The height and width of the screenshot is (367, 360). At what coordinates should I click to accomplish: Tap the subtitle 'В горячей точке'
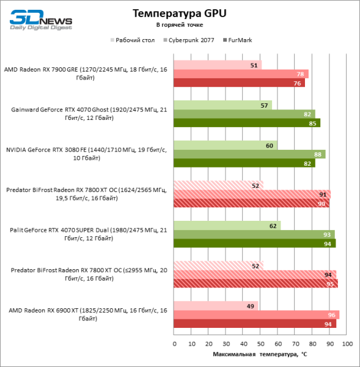pos(180,25)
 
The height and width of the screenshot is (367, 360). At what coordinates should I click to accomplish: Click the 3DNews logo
pos(40,18)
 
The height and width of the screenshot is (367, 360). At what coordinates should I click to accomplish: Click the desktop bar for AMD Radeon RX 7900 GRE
pos(218,65)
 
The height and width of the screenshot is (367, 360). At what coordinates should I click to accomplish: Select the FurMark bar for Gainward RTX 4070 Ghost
pos(247,123)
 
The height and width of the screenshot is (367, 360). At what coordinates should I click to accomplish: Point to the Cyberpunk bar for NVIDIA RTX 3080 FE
pos(249,154)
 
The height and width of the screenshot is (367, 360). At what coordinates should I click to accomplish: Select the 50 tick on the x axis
pos(261,344)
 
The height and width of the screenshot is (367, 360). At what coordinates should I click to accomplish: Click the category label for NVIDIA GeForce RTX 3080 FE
pos(86,154)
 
